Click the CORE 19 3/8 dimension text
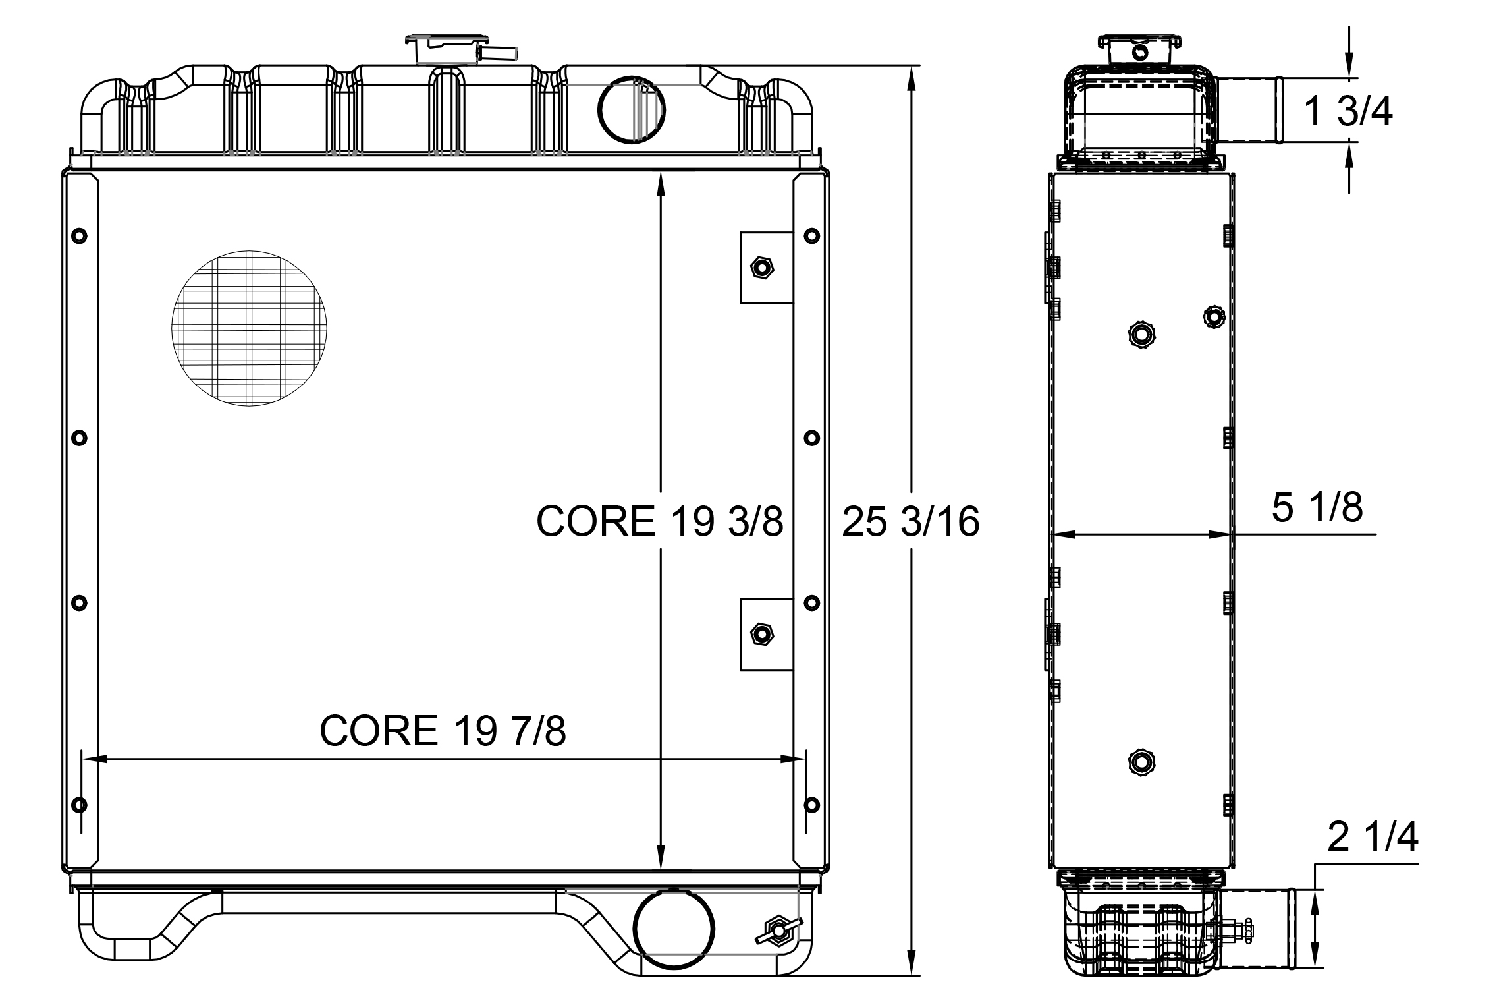pos(659,521)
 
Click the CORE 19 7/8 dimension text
pos(443,730)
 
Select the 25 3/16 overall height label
pos(911,521)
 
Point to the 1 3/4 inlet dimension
pos(1348,111)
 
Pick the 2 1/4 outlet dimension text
pos(1373,838)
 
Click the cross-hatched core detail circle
pos(250,328)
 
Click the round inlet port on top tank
pos(631,109)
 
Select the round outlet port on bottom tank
pos(673,928)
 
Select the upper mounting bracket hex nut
pos(762,268)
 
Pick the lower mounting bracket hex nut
pos(762,634)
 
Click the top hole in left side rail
pos(79,236)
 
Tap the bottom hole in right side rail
pos(812,805)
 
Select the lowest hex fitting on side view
pos(1140,762)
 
